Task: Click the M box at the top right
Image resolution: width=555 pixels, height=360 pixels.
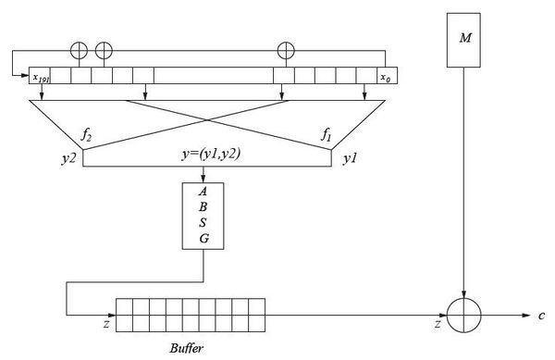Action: (x=463, y=40)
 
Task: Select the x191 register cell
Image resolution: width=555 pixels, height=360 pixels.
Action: (x=40, y=75)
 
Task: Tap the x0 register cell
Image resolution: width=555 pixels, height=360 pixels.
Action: (x=387, y=75)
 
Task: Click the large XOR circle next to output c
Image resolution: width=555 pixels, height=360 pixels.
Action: (x=463, y=316)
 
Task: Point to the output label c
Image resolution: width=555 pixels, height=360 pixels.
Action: (x=541, y=316)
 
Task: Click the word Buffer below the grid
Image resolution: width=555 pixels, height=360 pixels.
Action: (x=187, y=348)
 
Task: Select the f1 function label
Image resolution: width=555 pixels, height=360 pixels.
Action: (x=326, y=135)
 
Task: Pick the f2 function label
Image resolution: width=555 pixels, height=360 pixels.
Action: (x=86, y=135)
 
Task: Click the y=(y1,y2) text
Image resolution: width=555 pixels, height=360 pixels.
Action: (x=211, y=155)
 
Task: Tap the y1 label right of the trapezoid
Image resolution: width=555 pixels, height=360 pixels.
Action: (x=350, y=159)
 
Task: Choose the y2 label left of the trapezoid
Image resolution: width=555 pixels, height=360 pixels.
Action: (x=68, y=159)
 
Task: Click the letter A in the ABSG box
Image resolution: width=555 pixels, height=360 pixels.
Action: (x=203, y=192)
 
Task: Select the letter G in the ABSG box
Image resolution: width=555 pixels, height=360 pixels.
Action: (x=203, y=239)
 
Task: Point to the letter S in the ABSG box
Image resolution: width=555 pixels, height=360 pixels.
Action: (x=203, y=223)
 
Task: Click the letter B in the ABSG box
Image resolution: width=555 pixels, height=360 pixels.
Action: (x=203, y=206)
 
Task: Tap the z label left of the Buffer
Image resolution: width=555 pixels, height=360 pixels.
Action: (x=106, y=324)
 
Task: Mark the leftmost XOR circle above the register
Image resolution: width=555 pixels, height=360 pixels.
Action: (x=79, y=51)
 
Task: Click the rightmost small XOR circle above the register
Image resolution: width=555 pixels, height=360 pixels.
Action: (x=286, y=50)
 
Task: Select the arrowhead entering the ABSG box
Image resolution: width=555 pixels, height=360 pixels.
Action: (x=203, y=179)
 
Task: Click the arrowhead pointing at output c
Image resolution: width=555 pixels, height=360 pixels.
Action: (x=526, y=316)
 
